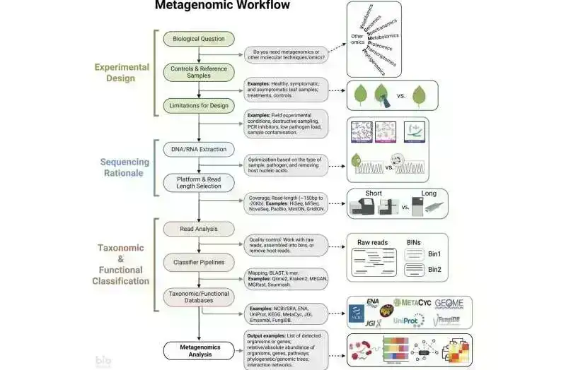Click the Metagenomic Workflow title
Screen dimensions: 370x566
tap(222, 6)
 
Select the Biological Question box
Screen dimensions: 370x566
tap(199, 39)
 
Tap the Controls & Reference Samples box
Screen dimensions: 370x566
tap(199, 73)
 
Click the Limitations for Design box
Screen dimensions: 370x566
tap(199, 105)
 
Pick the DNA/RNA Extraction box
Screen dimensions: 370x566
tap(199, 149)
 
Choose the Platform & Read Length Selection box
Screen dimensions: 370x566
tap(199, 184)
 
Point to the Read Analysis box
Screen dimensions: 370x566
tap(199, 229)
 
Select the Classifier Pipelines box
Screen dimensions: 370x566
tap(199, 262)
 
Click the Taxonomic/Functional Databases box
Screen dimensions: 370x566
tap(199, 296)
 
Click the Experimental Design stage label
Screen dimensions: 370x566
tap(122, 73)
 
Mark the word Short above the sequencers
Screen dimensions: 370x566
tap(374, 193)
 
